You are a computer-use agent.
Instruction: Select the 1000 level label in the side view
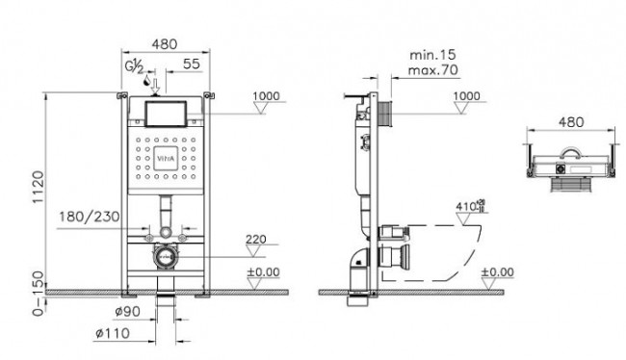click(466, 96)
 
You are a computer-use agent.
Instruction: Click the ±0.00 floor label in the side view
click(498, 272)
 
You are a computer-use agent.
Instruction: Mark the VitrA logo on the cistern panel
click(189, 155)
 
